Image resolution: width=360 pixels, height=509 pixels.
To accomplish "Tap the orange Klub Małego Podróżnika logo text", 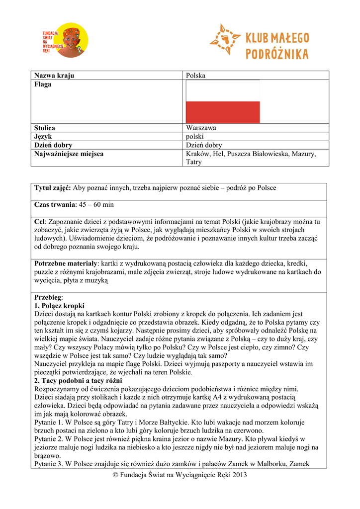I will point(276,46).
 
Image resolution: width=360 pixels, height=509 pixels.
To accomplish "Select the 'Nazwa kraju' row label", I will point(54,76).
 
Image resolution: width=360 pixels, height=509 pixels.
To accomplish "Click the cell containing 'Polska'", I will point(195,76).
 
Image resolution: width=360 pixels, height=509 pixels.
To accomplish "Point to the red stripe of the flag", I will point(223,112).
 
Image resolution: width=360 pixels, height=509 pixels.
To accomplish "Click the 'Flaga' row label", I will point(43,85).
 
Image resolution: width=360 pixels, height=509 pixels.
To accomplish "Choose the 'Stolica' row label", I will point(45,128).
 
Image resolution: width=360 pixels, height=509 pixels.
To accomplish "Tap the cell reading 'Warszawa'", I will point(201,128).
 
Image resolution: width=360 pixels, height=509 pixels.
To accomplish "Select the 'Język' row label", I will point(43,136).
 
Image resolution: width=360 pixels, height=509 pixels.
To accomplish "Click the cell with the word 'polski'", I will point(195,136).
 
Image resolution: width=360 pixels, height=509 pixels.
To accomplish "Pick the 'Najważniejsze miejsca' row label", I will point(69,154).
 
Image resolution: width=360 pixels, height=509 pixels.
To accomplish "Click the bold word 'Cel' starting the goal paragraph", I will point(40,221).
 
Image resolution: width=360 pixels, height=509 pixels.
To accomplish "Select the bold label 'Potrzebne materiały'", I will point(65,263).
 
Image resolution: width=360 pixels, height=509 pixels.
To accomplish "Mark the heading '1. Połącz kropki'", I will point(59,305).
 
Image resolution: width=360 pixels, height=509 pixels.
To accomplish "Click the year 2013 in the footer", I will point(238,475).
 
